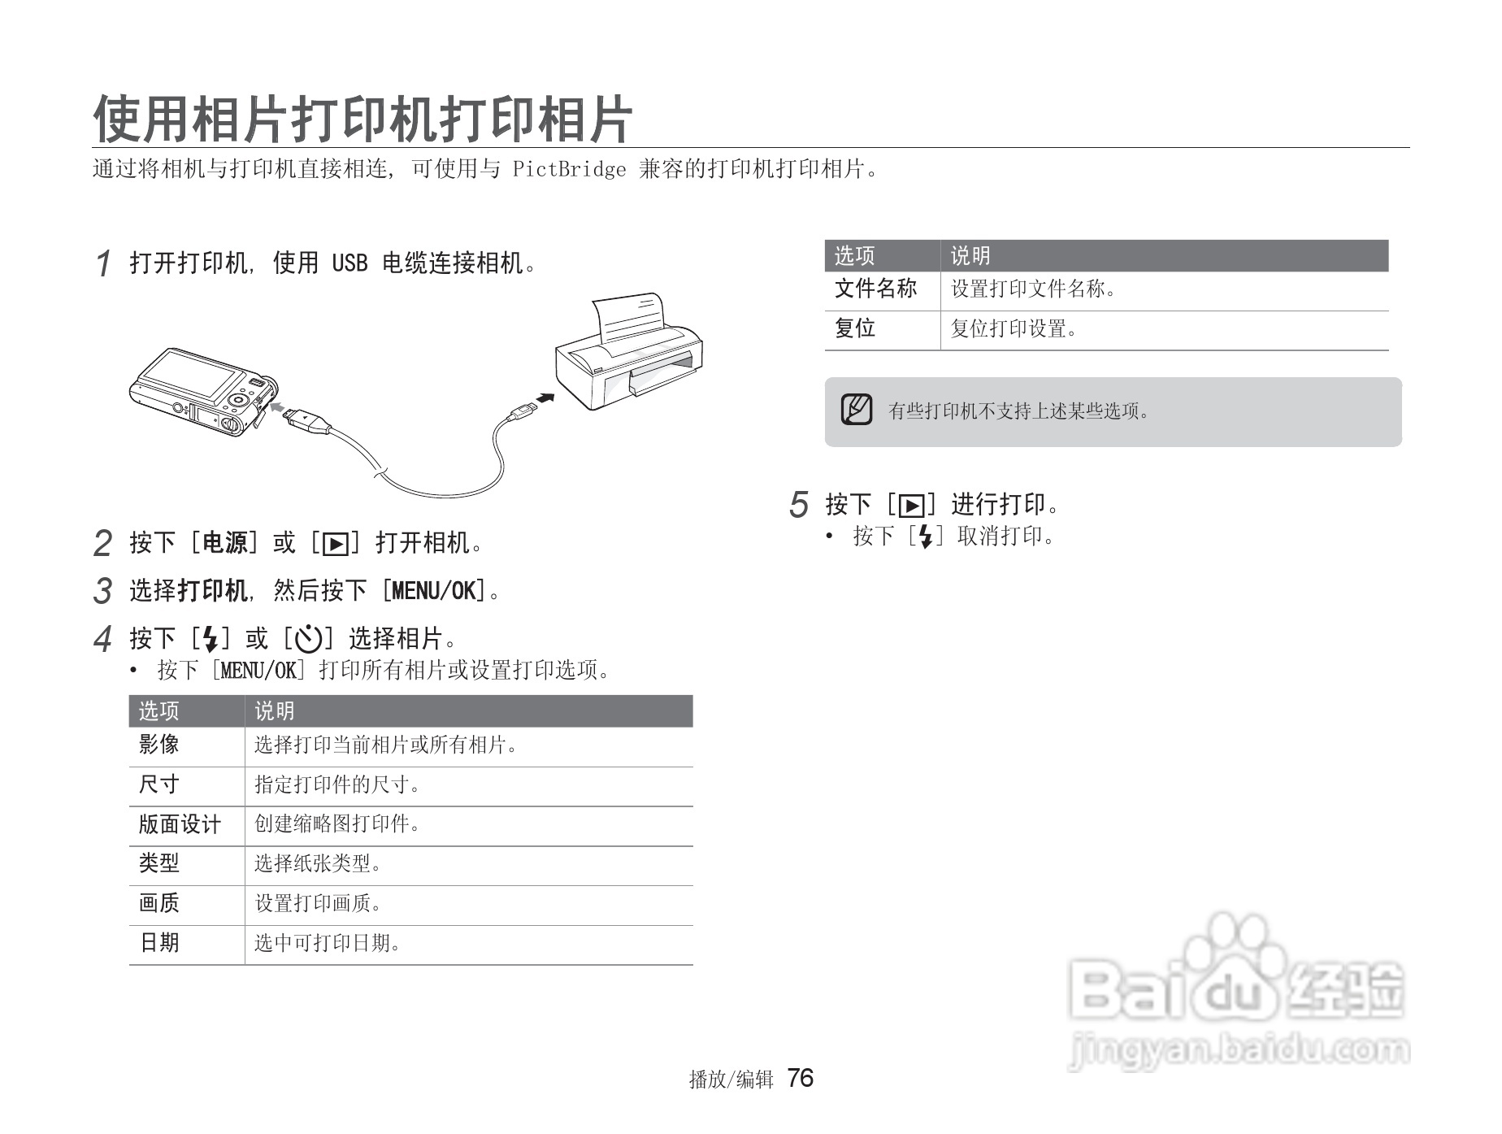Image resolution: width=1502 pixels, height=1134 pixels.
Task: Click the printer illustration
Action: (629, 354)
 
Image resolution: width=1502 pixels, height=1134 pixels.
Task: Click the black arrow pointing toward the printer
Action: (545, 398)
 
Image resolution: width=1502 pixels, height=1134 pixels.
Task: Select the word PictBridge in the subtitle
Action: (569, 169)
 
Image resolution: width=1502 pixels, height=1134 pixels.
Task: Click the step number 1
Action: (103, 263)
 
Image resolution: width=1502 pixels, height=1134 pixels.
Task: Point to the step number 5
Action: (799, 505)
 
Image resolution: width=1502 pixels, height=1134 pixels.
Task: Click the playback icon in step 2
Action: (335, 543)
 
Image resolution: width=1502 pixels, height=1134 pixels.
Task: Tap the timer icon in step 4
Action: (308, 640)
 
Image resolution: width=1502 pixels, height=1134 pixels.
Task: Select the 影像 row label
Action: (159, 745)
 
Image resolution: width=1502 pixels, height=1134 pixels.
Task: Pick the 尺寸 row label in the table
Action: (159, 784)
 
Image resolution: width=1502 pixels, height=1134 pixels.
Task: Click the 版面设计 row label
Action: (180, 824)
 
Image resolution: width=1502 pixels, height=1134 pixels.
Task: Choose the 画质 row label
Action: (159, 903)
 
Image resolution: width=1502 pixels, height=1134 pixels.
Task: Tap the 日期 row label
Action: (159, 943)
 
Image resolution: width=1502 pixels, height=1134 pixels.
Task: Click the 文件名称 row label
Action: (875, 289)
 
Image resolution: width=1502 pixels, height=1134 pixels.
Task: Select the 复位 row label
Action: (855, 328)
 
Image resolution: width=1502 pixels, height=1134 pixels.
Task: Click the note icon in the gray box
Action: (857, 410)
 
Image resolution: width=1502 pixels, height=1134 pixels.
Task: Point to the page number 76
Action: (801, 1078)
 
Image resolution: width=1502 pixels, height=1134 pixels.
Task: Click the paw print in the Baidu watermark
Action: (1236, 967)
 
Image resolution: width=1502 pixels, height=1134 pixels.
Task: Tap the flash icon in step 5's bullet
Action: (925, 537)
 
